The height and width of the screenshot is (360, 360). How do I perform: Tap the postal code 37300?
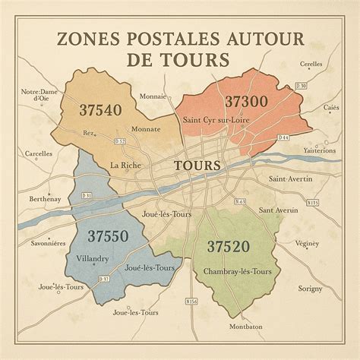[x=245, y=102]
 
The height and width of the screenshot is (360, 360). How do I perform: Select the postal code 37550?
[x=107, y=236]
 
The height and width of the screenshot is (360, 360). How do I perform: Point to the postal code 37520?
[x=229, y=246]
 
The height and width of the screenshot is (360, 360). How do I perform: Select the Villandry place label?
[x=93, y=259]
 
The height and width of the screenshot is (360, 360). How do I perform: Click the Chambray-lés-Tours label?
[x=238, y=271]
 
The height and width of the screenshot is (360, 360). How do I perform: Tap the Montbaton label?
[x=245, y=327]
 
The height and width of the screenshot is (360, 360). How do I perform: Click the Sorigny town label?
[x=310, y=289]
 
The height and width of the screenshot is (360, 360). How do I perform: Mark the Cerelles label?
[x=311, y=64]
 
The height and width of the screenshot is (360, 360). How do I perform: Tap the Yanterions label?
[x=318, y=150]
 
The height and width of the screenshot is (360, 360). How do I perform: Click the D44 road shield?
[x=283, y=137]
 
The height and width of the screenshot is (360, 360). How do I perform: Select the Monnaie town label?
[x=153, y=96]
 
